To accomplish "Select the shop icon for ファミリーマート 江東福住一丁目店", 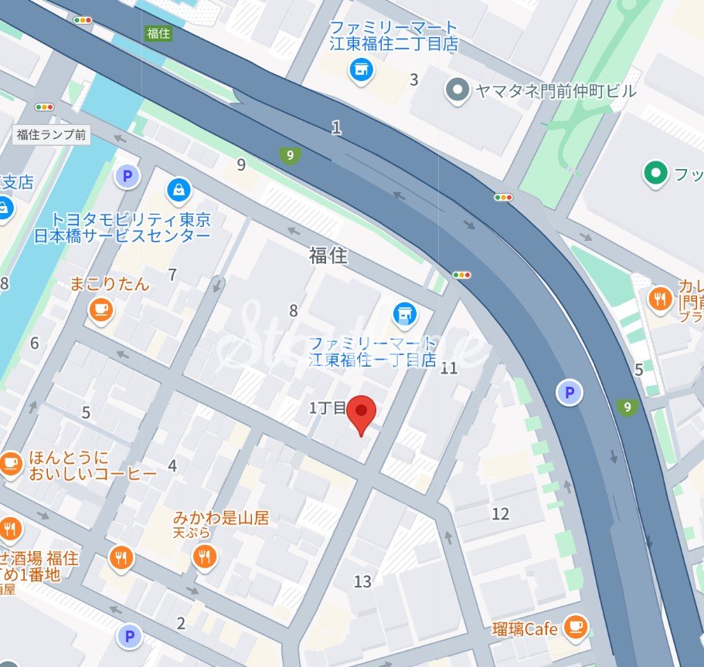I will [403, 313].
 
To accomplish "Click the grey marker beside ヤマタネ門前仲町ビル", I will [458, 91].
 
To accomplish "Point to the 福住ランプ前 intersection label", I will [52, 135].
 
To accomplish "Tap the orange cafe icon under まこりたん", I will [100, 310].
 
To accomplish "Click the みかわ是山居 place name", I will [221, 518].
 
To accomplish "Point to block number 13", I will [363, 581].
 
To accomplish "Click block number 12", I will [501, 513].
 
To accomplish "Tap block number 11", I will [449, 367].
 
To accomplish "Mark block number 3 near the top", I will [414, 80].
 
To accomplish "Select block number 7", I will [172, 274].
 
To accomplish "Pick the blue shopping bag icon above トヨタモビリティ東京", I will [179, 188].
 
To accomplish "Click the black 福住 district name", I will [328, 256].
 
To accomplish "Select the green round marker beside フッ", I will [656, 174].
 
